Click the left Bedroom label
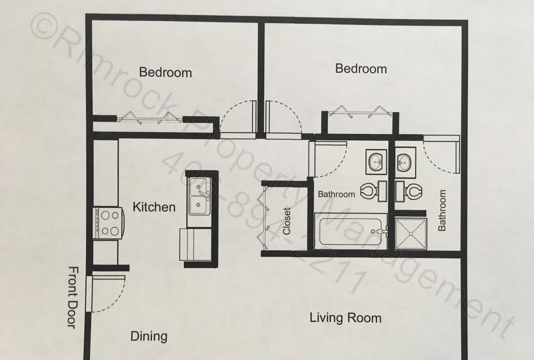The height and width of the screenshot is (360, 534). (x=165, y=72)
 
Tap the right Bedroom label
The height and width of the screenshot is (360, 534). (x=361, y=69)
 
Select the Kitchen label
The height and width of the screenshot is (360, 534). (x=154, y=207)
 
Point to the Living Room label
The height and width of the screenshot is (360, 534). (x=345, y=317)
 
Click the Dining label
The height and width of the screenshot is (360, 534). (x=149, y=336)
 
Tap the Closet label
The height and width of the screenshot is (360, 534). (x=286, y=221)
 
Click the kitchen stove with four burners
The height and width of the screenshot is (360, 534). (x=109, y=222)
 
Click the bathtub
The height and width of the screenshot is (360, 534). (x=351, y=232)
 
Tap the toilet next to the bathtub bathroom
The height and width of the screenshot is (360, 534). (x=370, y=191)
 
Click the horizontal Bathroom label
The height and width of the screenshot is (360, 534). (x=336, y=194)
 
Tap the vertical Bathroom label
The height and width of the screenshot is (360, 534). (x=442, y=210)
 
